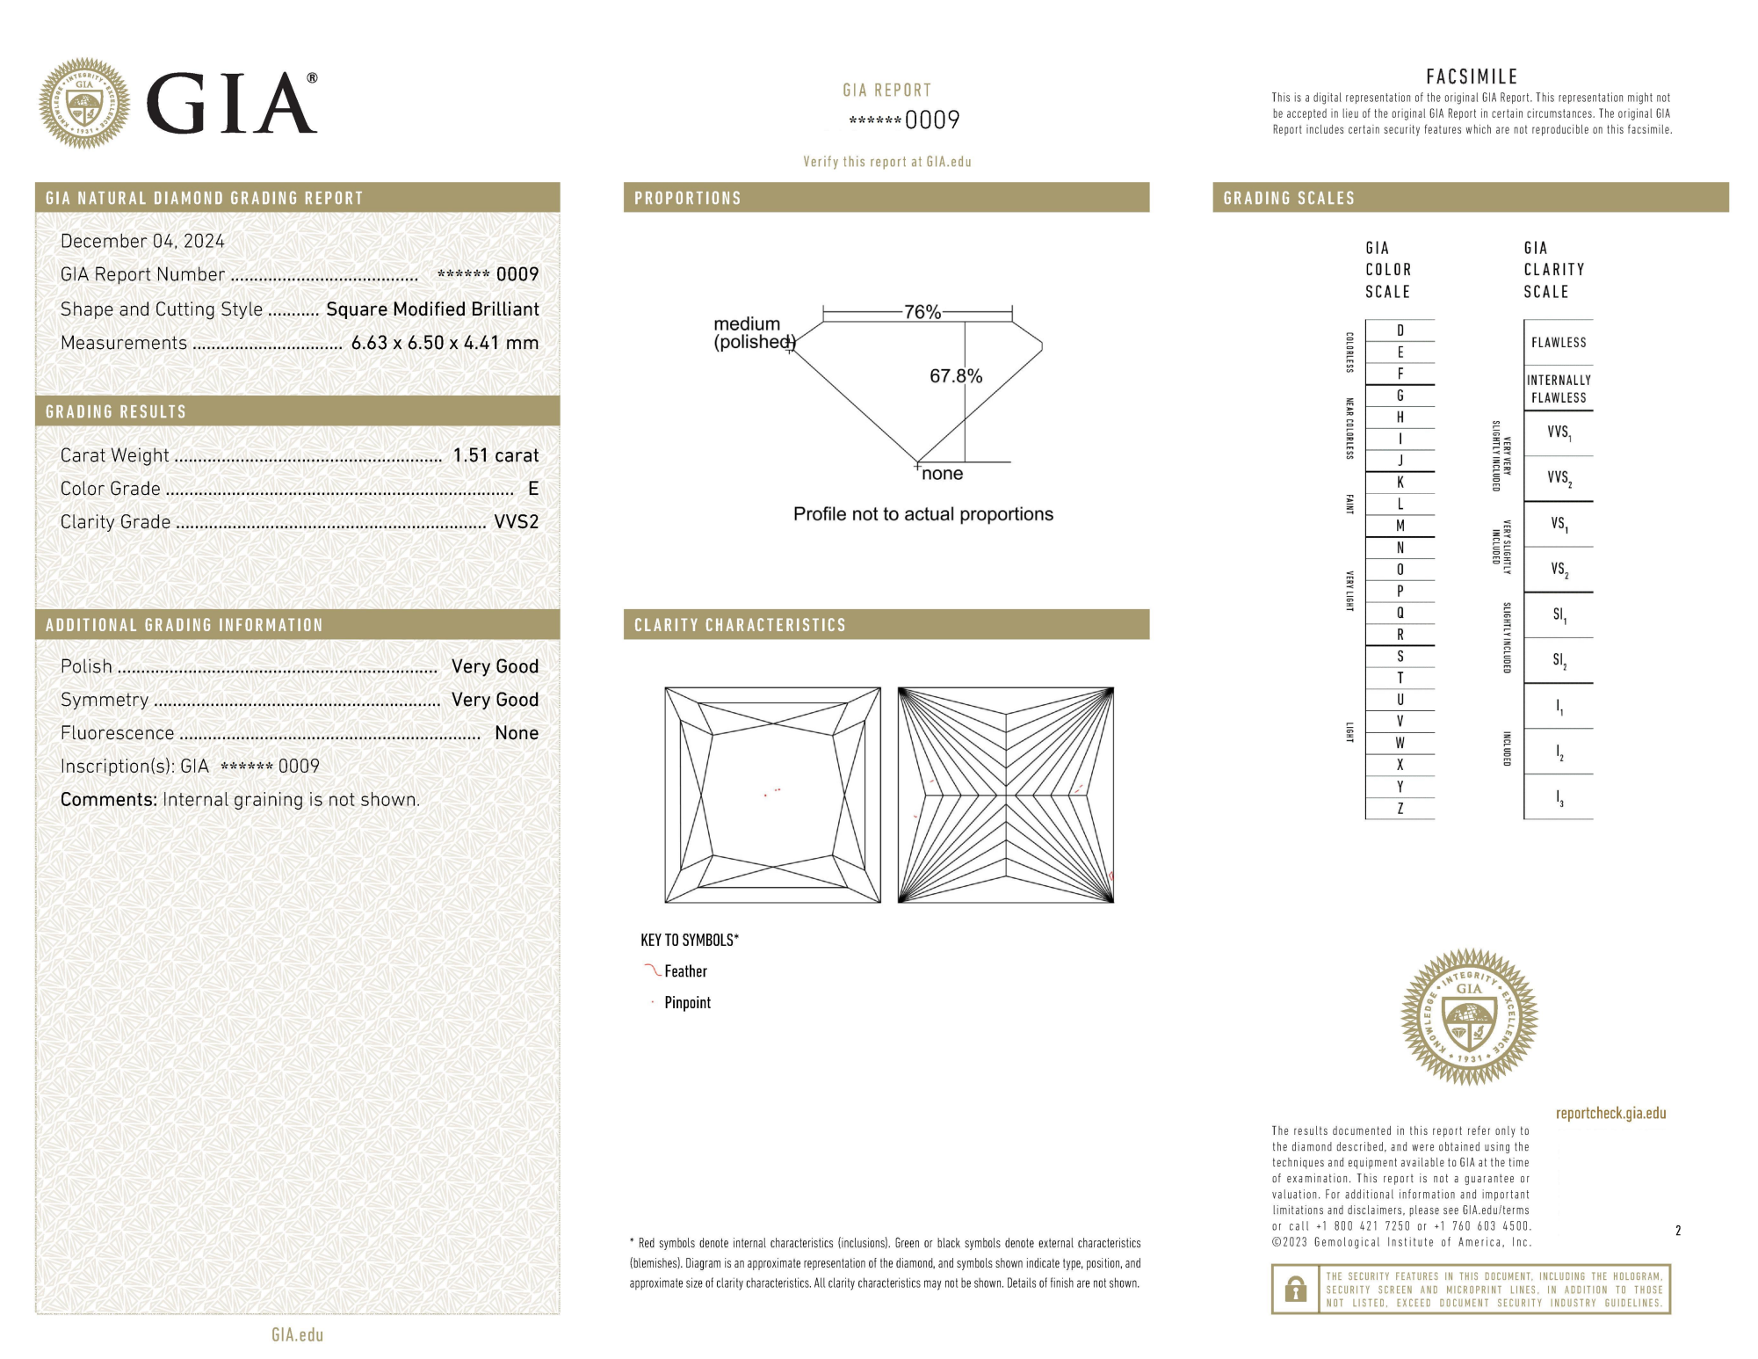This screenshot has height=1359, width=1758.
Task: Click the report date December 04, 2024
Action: (x=142, y=241)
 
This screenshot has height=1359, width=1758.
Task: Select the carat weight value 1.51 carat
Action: (x=496, y=455)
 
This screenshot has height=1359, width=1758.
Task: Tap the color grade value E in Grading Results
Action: (x=532, y=489)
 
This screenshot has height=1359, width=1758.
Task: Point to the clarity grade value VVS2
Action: (x=516, y=522)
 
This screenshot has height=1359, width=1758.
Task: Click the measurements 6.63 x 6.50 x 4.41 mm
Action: (x=445, y=343)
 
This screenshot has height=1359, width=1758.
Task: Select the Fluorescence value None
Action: (x=516, y=733)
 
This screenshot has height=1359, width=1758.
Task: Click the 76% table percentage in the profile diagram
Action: (x=922, y=312)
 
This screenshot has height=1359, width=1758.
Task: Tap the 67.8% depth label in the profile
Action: (x=955, y=376)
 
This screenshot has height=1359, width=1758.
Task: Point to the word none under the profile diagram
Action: (x=942, y=474)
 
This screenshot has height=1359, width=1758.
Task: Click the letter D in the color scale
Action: (x=1400, y=331)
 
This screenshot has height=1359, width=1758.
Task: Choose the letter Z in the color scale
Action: (x=1400, y=809)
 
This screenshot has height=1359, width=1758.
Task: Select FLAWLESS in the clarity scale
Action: (x=1558, y=343)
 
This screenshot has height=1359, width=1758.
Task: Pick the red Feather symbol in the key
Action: (x=652, y=970)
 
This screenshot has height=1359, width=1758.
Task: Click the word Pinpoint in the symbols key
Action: (x=687, y=1003)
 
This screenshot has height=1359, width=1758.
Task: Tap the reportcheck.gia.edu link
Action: (x=1610, y=1113)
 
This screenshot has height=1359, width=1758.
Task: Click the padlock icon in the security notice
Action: (x=1295, y=1290)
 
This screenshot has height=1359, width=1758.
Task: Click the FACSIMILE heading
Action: (x=1472, y=76)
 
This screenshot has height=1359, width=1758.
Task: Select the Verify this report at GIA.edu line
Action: (x=886, y=162)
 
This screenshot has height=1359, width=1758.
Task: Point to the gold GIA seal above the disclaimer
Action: (x=1468, y=1016)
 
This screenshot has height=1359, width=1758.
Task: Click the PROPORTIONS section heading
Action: (x=687, y=198)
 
